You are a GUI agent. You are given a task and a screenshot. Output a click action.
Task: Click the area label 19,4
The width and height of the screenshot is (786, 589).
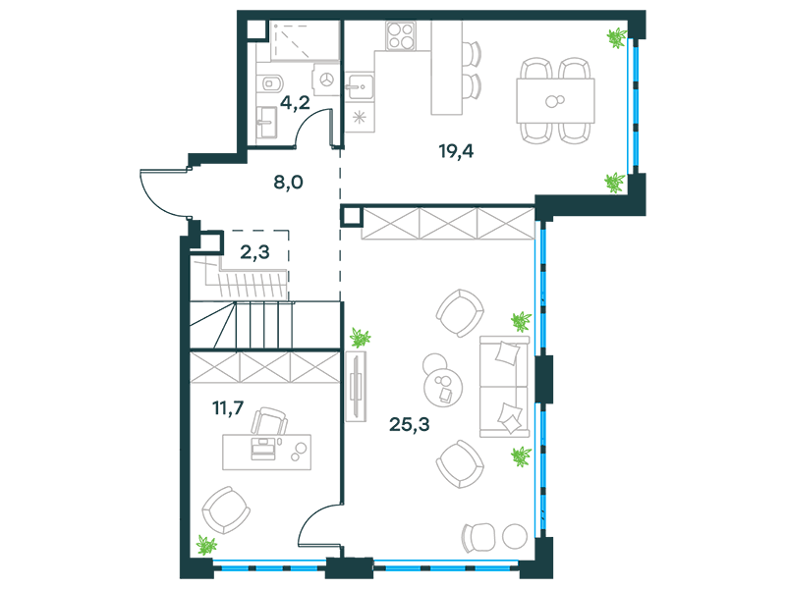(456, 150)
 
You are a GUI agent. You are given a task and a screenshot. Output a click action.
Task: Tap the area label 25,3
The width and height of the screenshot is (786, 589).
(409, 424)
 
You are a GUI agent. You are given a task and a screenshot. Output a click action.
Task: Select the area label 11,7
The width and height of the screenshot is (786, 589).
(228, 408)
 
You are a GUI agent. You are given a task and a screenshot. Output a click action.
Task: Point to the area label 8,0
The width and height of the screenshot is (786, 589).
(288, 183)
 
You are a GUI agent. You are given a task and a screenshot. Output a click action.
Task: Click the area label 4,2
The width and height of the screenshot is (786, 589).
(295, 103)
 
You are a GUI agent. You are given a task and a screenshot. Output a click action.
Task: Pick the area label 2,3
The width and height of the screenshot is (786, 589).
(254, 252)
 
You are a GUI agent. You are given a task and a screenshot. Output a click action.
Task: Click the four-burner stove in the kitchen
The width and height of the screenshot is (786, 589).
(401, 35)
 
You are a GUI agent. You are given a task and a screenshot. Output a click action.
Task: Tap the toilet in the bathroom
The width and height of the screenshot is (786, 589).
(271, 82)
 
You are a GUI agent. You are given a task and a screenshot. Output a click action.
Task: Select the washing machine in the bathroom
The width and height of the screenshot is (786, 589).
(327, 80)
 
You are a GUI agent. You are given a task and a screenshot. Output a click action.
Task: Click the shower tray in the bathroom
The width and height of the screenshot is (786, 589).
(306, 40)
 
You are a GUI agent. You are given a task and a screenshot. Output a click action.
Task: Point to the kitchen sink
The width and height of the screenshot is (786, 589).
(360, 85)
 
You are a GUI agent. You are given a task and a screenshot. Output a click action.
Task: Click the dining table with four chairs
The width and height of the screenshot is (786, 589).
(555, 101)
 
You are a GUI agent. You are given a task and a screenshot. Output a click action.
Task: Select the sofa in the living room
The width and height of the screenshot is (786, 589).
(504, 386)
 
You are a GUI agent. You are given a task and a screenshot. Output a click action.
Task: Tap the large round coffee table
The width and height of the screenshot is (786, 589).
(443, 388)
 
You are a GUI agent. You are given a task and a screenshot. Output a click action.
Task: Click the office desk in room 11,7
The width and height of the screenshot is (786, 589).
(266, 453)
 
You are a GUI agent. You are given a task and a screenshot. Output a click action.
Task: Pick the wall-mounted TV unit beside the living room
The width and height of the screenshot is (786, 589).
(356, 386)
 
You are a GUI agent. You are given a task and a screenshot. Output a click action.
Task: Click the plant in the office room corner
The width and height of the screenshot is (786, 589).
(206, 545)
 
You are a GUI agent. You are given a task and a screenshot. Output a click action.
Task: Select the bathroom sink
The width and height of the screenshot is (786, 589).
(266, 123)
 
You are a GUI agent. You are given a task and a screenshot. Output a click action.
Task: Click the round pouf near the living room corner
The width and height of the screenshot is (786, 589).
(515, 536)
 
